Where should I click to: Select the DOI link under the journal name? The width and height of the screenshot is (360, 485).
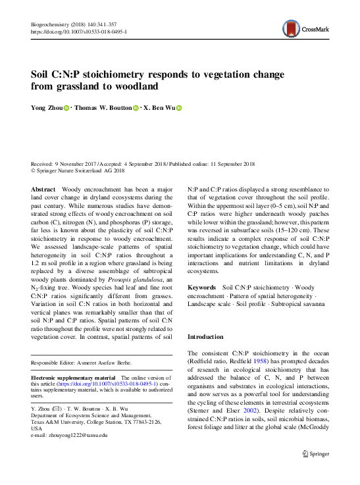point(79,32)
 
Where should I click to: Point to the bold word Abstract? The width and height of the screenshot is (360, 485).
point(43,189)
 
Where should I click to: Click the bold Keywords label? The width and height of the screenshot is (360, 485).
point(201,288)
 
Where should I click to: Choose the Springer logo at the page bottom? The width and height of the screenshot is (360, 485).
point(315,453)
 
